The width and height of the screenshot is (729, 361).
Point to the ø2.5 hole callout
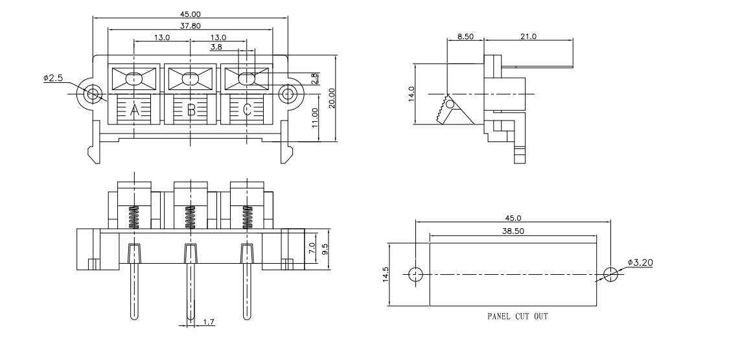[53, 78]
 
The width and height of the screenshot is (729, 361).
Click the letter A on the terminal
[135, 110]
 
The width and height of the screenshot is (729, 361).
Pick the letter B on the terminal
[191, 110]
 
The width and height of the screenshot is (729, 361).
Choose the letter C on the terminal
[247, 110]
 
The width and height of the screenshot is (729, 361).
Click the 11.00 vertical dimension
[315, 119]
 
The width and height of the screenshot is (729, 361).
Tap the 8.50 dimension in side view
[465, 37]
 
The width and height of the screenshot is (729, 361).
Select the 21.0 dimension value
[528, 37]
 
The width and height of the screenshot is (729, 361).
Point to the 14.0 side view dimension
[411, 95]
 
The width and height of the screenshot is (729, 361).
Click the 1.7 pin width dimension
[209, 321]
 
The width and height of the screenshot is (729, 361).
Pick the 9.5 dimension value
[325, 248]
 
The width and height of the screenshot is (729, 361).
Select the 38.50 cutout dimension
[512, 231]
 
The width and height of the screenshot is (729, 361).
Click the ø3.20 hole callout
[640, 263]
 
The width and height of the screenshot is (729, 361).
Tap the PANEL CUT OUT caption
[516, 318]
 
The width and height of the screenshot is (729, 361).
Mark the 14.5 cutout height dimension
[385, 274]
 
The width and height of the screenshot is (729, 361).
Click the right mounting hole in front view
[286, 94]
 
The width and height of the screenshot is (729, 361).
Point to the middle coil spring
[191, 217]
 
